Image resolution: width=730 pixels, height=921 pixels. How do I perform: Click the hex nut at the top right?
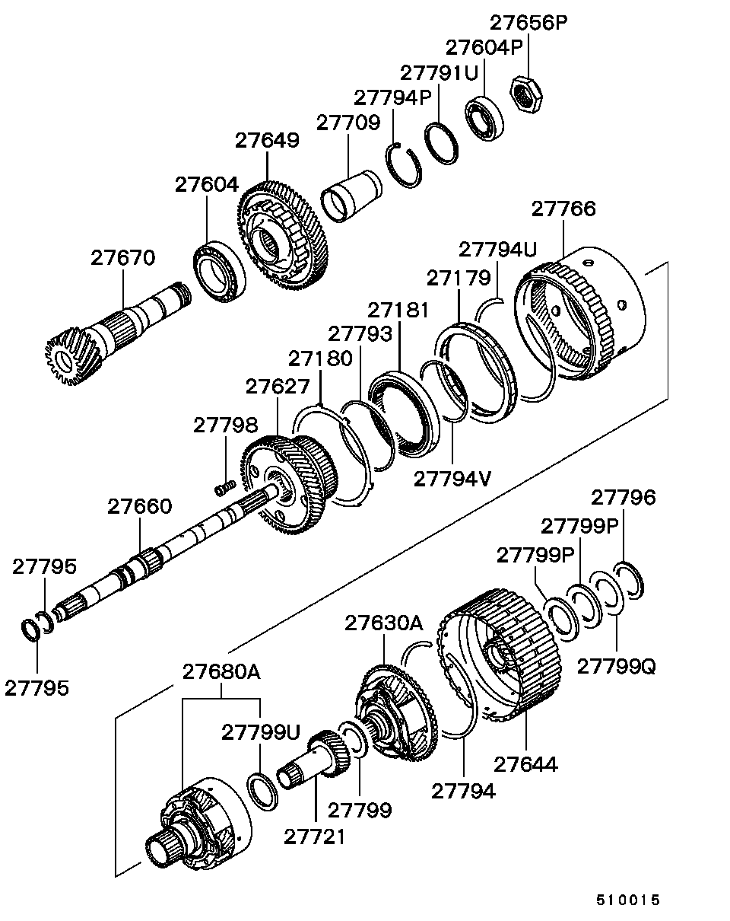click(x=527, y=94)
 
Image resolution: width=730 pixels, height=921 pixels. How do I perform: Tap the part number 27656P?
click(x=528, y=23)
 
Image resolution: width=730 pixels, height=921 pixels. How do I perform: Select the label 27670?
click(x=122, y=258)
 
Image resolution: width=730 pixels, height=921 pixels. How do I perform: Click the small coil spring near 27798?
click(x=225, y=488)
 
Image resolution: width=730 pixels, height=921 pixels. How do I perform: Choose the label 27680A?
click(x=221, y=672)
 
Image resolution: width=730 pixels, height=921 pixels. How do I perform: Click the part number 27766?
click(x=563, y=209)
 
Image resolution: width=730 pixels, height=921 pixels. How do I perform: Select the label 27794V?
click(x=452, y=480)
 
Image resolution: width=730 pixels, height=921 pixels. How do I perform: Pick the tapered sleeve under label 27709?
click(x=351, y=196)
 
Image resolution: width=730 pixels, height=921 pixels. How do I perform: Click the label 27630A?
click(x=383, y=623)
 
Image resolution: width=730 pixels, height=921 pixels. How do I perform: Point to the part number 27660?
click(x=139, y=506)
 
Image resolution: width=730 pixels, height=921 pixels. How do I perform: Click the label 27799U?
click(x=261, y=732)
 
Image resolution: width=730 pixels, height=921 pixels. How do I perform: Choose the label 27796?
click(x=623, y=498)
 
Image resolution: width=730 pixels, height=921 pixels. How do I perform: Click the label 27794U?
click(x=497, y=250)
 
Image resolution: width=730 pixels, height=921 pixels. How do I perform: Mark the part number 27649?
click(x=267, y=140)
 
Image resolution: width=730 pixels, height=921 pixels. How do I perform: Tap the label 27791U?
click(x=439, y=74)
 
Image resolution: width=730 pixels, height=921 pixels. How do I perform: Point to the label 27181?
click(x=398, y=311)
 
